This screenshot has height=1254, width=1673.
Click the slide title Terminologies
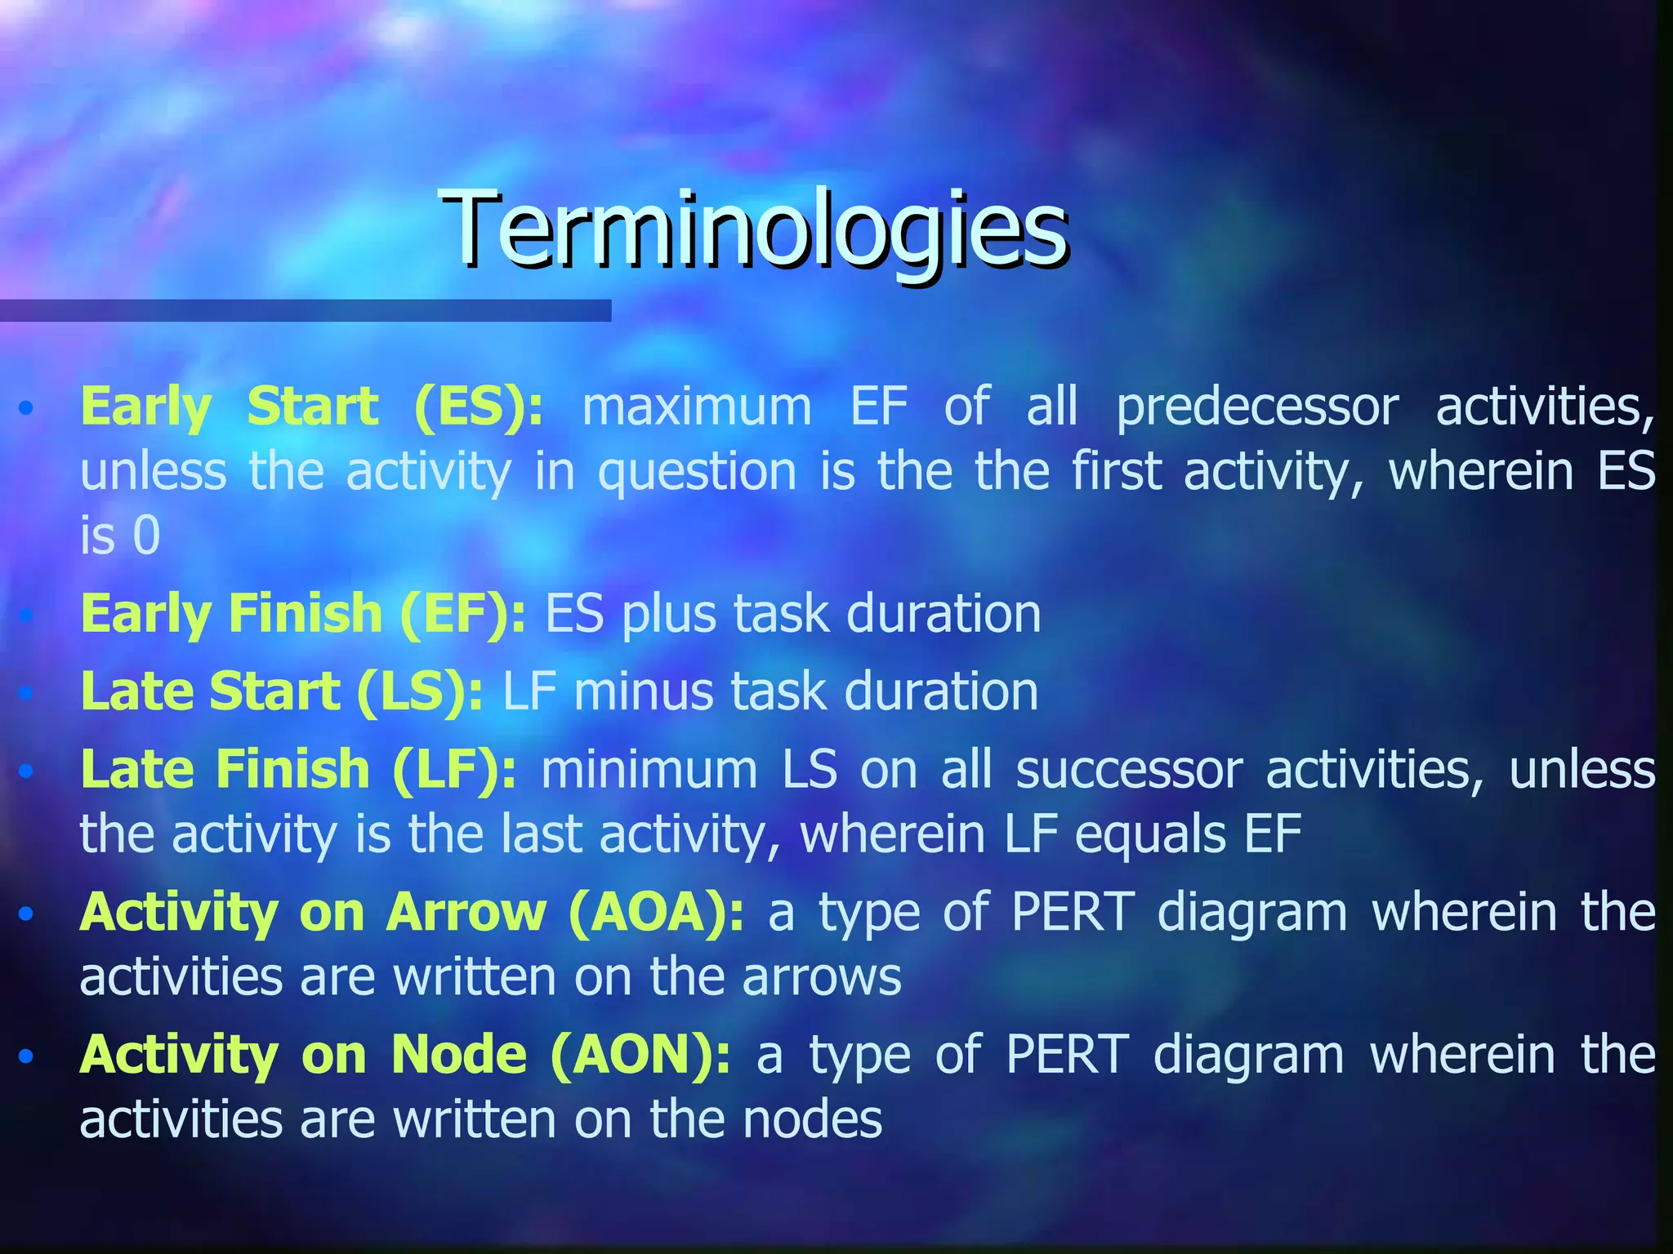coord(755,229)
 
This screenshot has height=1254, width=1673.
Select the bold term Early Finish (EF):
coord(302,614)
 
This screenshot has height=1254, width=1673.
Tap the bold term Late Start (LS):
coord(281,691)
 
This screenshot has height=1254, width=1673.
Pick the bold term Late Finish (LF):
coord(297,769)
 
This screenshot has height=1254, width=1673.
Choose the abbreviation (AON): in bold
coord(640,1055)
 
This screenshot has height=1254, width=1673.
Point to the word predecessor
coord(1257,407)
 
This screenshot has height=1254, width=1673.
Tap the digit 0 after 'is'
coord(146,536)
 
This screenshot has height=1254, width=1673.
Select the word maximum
coord(697,407)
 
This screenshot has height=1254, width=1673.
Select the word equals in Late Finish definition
coord(1151,835)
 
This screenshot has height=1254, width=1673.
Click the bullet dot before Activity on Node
coord(26,1056)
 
